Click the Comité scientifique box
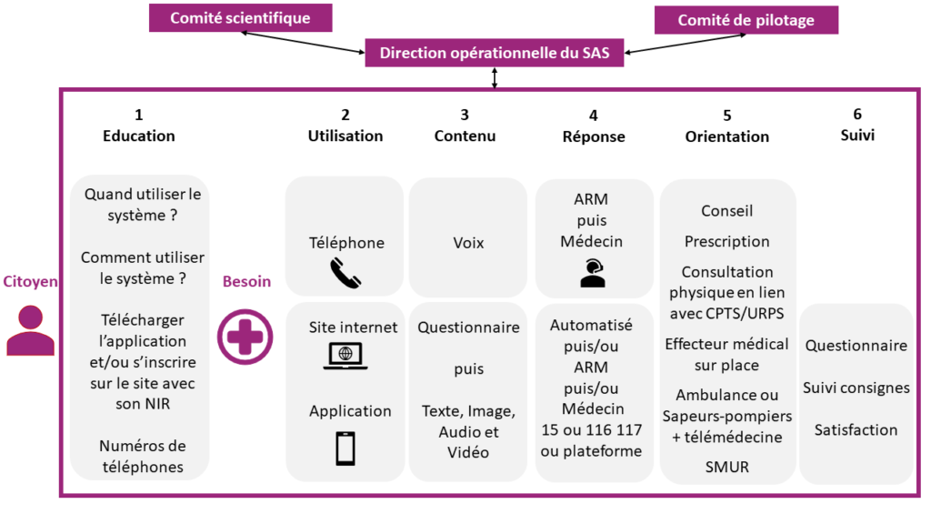point(241,18)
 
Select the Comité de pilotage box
point(746,20)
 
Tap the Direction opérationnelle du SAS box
point(495,53)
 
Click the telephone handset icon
point(346,273)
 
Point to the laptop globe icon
point(345,356)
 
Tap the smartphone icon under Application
point(345,448)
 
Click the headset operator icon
point(592,272)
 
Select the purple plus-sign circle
point(245,337)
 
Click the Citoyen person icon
point(31,329)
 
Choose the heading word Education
point(138,136)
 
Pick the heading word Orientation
point(726,136)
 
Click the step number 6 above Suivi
point(856,115)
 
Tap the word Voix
point(468,243)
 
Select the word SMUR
point(726,468)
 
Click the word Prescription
point(726,241)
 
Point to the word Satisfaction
point(856,429)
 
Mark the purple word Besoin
point(246,281)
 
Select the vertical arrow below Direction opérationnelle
point(495,78)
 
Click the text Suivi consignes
point(856,388)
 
